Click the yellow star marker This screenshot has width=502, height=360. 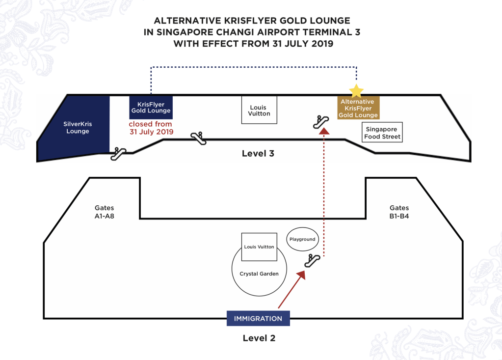(356, 91)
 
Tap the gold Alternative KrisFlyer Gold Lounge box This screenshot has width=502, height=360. (358, 109)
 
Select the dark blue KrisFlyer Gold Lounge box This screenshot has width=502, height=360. (151, 108)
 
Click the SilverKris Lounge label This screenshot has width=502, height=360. (78, 128)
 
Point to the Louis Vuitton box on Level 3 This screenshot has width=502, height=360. (259, 110)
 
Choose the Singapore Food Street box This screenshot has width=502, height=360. (382, 133)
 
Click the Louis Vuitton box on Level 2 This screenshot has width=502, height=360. (259, 247)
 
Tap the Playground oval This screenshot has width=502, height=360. (302, 240)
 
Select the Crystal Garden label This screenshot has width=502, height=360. (259, 274)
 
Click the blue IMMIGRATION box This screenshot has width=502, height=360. (258, 319)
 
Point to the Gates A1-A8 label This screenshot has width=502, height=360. (104, 212)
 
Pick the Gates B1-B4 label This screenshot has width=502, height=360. (399, 212)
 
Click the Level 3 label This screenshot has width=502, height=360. (258, 154)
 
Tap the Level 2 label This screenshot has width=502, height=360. (259, 338)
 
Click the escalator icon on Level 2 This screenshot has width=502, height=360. (312, 261)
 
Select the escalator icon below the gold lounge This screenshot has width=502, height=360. (321, 121)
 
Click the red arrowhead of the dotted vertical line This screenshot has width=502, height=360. (323, 131)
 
